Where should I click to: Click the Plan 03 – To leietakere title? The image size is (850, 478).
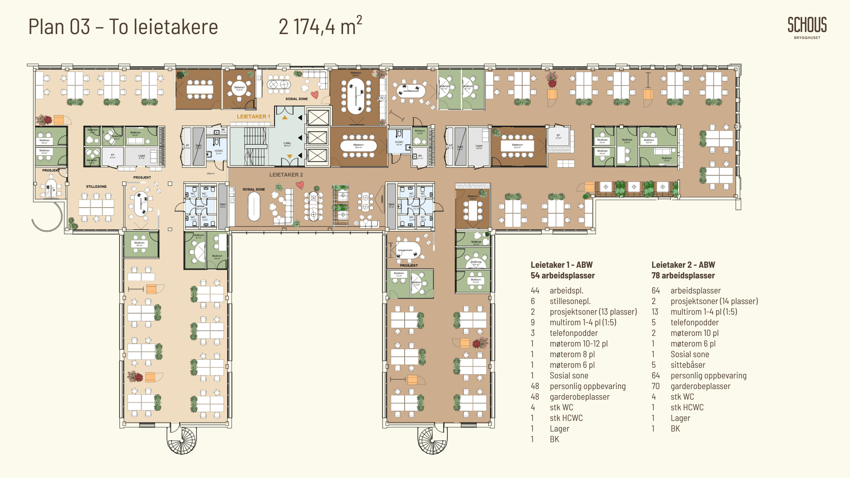coord(123,27)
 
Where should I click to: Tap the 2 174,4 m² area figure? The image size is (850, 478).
coord(320,27)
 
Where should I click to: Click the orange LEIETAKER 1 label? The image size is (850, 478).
coord(253,116)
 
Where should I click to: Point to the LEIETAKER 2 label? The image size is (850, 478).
coord(286,175)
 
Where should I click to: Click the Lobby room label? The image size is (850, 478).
coord(287,144)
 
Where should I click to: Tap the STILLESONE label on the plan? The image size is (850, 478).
coord(96,186)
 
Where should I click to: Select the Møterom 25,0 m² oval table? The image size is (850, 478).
coord(358,146)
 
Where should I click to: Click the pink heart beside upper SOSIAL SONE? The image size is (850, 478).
coord(314,95)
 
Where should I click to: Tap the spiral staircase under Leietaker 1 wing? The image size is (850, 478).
coord(181,440)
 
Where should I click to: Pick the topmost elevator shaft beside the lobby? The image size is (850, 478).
coord(318,118)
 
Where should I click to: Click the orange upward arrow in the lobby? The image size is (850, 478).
coord(285,118)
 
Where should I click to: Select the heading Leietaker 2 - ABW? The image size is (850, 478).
coord(683,265)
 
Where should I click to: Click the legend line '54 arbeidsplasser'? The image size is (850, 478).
coord(563,275)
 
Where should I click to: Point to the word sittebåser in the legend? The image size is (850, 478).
coord(688,365)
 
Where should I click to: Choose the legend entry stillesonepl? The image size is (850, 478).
coord(570,301)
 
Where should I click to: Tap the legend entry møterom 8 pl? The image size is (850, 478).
coord(572,354)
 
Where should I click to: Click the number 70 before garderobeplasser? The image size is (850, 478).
coord(656,386)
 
